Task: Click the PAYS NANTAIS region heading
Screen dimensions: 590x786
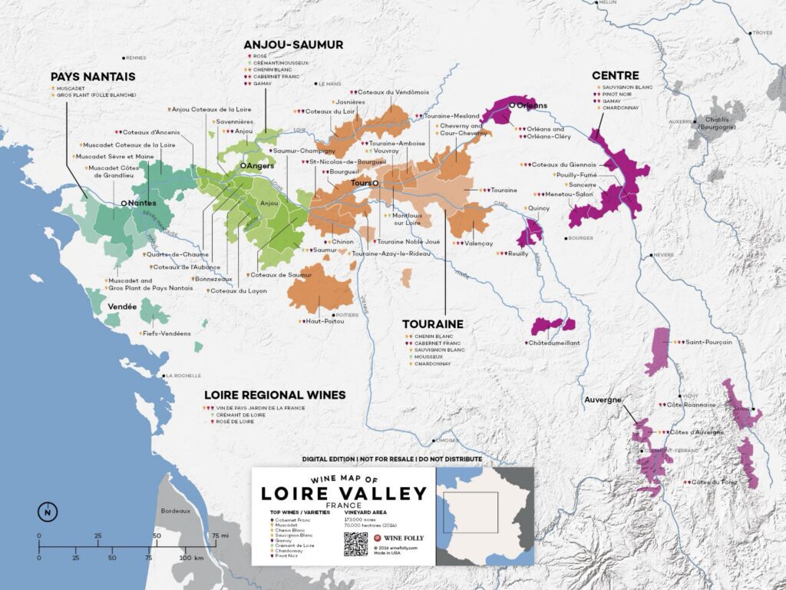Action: tap(93, 77)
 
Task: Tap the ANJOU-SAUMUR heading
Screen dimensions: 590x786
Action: tap(293, 45)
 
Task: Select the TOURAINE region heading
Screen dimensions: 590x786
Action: tap(434, 324)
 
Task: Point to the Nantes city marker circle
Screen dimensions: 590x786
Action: tap(124, 202)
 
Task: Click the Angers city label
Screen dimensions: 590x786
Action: tap(259, 165)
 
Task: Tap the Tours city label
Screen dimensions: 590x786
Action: tap(360, 184)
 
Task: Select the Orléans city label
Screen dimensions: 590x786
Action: tap(535, 105)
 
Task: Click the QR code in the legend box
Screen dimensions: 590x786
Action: tap(355, 543)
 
